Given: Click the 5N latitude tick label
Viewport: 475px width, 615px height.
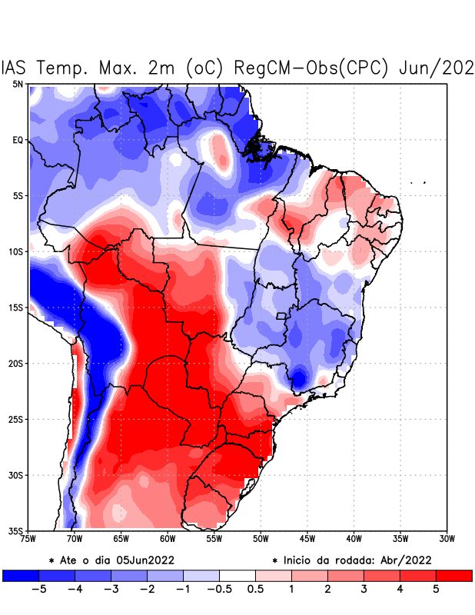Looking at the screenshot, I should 17,84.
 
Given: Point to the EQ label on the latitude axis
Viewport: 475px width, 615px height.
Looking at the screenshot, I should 17,140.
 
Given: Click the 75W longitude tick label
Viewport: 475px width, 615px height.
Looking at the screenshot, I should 28,539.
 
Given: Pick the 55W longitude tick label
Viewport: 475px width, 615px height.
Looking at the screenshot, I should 214,539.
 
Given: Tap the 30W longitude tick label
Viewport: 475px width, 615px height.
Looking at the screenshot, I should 447,539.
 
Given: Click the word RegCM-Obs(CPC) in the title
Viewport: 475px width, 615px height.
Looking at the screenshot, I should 314,68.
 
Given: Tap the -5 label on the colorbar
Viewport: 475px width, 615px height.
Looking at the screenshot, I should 35,590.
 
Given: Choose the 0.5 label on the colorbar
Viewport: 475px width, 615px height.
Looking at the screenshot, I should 255,590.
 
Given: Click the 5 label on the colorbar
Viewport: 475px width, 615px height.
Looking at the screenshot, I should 436,590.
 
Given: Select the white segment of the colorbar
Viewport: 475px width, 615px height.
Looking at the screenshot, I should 237,575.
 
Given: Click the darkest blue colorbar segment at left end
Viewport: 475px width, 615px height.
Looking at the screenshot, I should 20,575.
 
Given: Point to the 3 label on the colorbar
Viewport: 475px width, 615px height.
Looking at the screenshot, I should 364,590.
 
